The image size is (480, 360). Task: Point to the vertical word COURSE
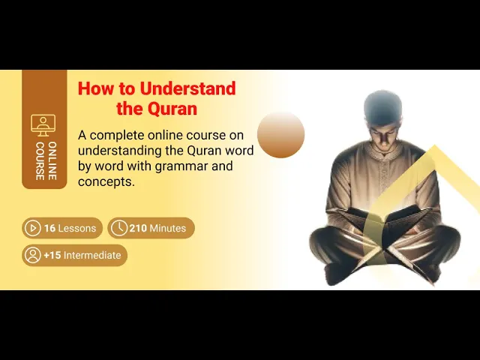tap(39, 160)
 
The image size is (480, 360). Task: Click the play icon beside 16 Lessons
tap(32, 228)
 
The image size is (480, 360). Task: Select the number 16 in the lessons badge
tap(49, 228)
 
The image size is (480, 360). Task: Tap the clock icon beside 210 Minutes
tap(118, 228)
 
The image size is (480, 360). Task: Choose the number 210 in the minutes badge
tap(137, 228)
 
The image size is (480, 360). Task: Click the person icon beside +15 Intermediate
tap(32, 255)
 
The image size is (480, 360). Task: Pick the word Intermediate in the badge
tap(92, 255)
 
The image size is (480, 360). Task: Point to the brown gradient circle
tap(280, 135)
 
